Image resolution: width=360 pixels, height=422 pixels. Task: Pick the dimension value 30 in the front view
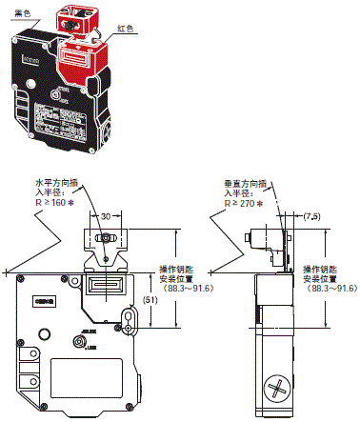106,215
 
